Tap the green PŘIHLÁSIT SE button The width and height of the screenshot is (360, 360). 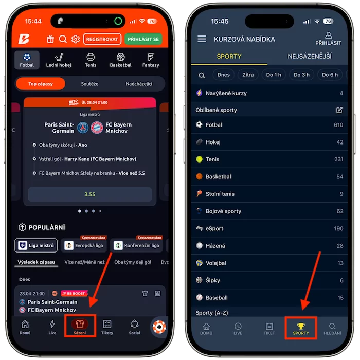[143, 39]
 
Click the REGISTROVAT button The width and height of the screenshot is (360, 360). [102, 39]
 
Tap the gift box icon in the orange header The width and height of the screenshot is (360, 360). [50, 39]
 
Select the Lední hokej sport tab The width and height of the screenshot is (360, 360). [59, 60]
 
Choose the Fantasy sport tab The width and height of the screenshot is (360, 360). [151, 60]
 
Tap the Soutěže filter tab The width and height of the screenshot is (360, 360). [89, 84]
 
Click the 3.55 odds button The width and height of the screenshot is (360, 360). [90, 194]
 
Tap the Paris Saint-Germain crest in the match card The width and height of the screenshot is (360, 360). [83, 128]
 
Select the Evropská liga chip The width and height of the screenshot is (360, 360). [84, 245]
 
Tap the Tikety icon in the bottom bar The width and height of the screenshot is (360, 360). [107, 324]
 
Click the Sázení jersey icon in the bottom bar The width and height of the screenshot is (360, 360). [80, 323]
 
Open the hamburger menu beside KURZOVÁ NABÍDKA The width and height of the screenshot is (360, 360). [202, 39]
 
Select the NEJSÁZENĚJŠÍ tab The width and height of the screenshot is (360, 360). [309, 56]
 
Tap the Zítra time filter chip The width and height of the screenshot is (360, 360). [248, 75]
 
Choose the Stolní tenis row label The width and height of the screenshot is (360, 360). [220, 194]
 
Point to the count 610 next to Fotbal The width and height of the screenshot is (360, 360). [338, 125]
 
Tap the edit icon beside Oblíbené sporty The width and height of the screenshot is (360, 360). [339, 110]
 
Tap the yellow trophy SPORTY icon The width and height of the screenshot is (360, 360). [301, 326]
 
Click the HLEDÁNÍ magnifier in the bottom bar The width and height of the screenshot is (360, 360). [332, 326]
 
